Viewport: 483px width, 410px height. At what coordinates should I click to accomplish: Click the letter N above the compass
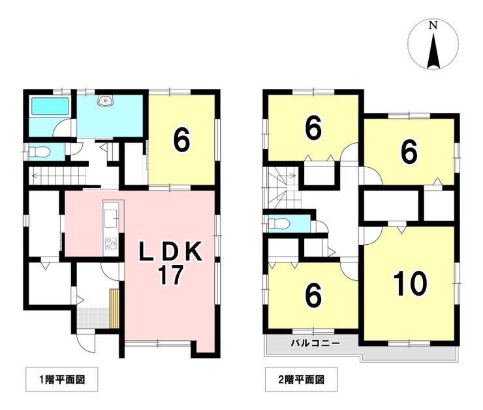(x=433, y=25)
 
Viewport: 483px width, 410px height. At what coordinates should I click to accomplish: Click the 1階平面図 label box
(x=61, y=379)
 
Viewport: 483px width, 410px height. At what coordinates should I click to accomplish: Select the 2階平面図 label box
(x=302, y=379)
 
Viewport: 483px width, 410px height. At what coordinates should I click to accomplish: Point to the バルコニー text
(x=315, y=343)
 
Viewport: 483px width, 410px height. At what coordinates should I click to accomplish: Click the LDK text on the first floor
(x=170, y=251)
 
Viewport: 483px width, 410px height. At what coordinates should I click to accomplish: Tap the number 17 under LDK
(x=170, y=275)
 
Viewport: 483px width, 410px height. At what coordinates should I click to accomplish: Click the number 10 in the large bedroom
(x=411, y=283)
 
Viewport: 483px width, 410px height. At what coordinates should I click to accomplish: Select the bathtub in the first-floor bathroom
(x=50, y=106)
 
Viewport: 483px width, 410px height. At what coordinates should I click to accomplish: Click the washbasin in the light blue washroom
(x=106, y=101)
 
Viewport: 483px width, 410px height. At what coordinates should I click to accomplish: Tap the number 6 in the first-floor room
(x=181, y=141)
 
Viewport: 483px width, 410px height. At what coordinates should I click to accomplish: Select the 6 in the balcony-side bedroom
(x=314, y=296)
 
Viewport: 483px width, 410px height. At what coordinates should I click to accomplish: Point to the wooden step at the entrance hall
(x=115, y=308)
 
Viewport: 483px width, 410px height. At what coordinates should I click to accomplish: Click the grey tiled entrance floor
(x=93, y=317)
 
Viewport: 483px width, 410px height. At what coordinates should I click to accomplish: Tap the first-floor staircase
(x=58, y=176)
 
